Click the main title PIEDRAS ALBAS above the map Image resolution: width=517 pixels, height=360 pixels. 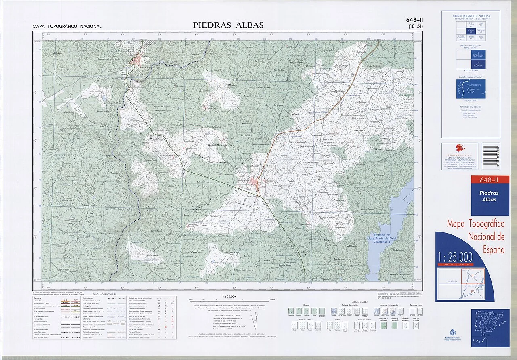[228, 25]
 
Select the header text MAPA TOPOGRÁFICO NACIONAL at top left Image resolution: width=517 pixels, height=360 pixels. [67, 27]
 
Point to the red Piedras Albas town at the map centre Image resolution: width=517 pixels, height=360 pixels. [255, 181]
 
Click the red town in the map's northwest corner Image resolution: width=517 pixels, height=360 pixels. [138, 61]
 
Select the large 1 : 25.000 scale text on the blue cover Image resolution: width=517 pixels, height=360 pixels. [455, 256]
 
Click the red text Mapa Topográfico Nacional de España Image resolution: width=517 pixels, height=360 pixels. [476, 236]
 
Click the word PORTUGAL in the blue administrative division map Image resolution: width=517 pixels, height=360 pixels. [459, 90]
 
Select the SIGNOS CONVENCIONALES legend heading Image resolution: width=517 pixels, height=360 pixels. [104, 295]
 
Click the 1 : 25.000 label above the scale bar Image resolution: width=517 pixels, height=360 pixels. [229, 297]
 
